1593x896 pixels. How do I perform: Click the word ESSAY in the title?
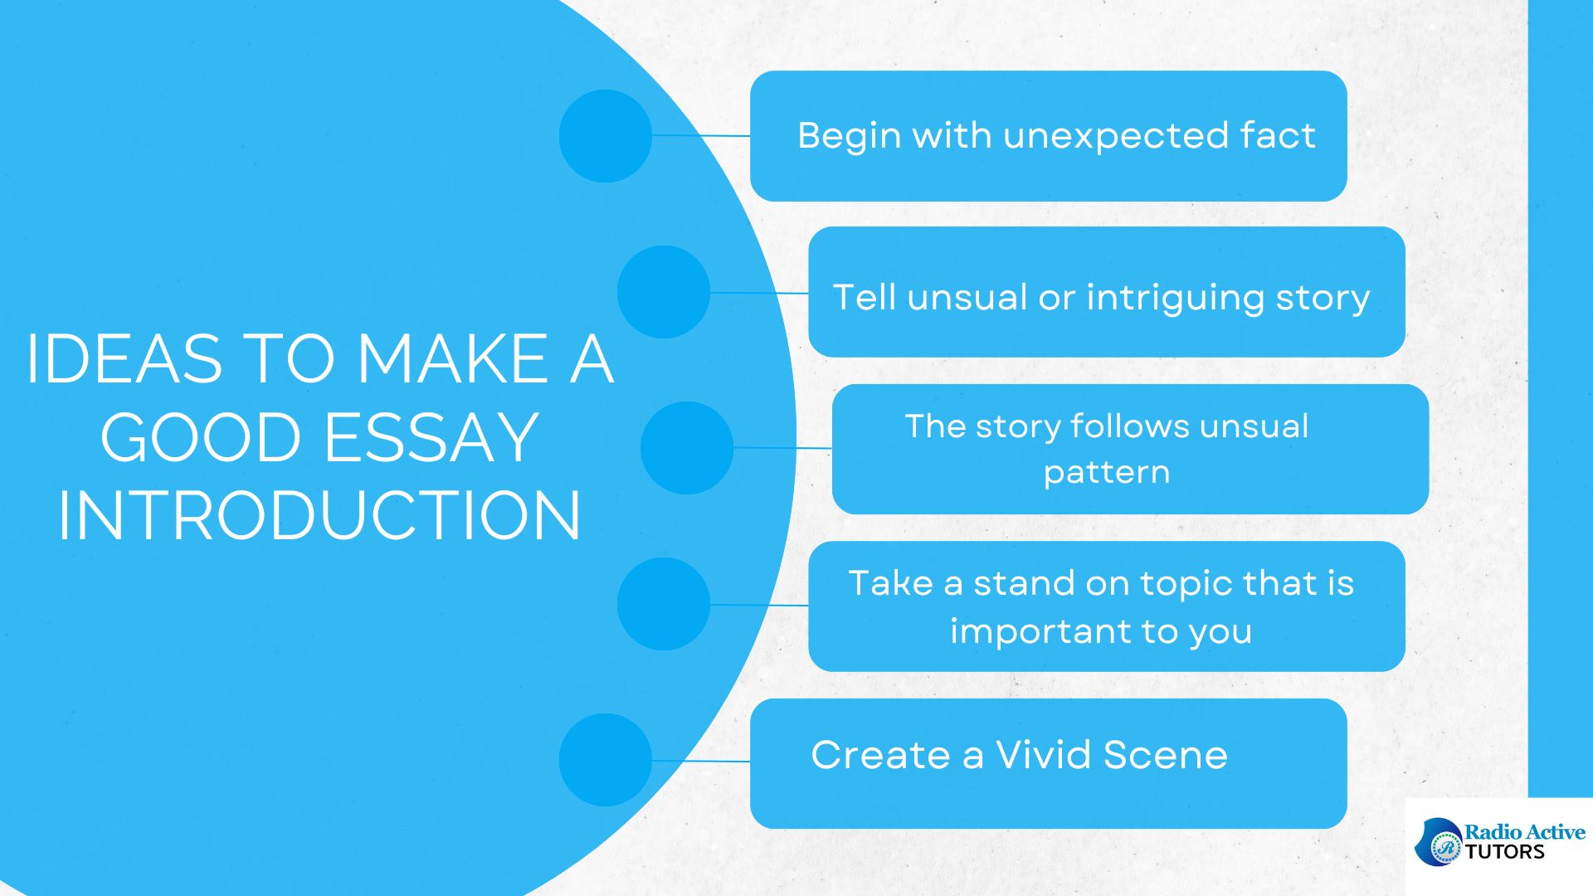coord(431,437)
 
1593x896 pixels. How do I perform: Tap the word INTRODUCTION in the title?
coord(319,515)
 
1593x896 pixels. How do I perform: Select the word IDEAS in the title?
coord(124,358)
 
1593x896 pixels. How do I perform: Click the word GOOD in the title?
coord(201,437)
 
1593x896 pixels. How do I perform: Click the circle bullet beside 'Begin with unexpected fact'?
coord(606,136)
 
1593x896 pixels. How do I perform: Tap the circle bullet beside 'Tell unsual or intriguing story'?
coord(664,292)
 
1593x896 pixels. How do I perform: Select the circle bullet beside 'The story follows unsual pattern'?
coord(687,448)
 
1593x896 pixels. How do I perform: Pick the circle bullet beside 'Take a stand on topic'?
coord(664,604)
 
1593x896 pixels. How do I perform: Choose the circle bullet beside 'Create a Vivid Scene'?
coord(606,760)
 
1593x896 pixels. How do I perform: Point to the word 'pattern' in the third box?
coord(1107,474)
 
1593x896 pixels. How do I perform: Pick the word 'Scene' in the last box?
coord(1166,755)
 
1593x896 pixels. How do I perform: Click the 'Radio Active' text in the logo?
coord(1525,832)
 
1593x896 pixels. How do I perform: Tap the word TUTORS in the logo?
coord(1505,852)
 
